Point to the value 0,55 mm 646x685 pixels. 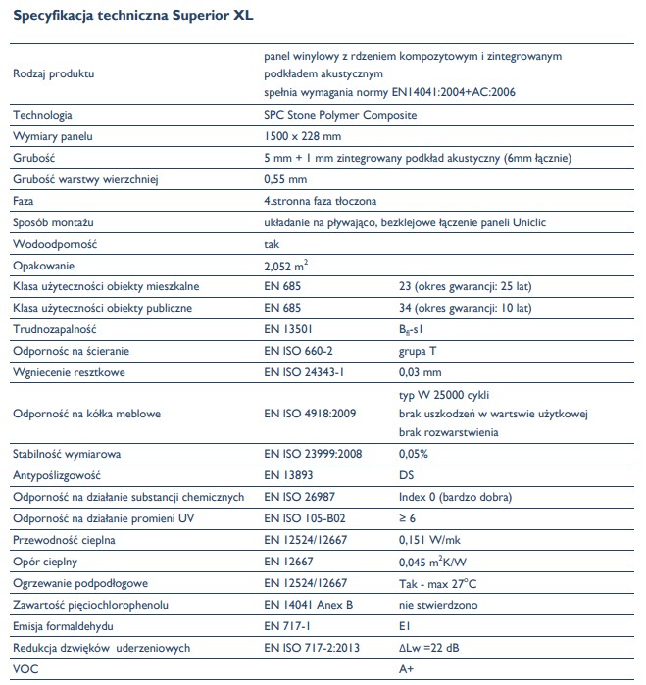click(x=285, y=179)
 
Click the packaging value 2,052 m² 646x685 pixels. click(x=288, y=265)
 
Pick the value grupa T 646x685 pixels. click(x=419, y=351)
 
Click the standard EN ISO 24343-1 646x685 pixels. click(x=305, y=372)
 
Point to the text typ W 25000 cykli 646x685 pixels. click(x=445, y=395)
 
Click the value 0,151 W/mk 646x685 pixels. click(x=431, y=540)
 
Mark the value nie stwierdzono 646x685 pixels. click(x=438, y=605)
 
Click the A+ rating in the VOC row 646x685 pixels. click(x=407, y=669)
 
